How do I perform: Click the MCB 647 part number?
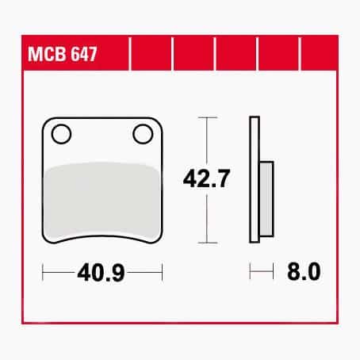63,54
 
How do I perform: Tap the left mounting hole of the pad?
61,134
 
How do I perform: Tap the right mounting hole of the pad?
143,134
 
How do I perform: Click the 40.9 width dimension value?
101,272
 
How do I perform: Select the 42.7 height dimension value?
206,178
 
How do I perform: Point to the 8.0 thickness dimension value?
304,271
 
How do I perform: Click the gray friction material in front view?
101,201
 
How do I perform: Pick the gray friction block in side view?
266,199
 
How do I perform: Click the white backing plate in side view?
255,179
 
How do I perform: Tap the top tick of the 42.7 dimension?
208,117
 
